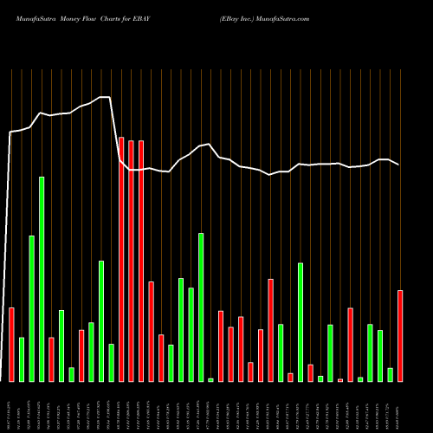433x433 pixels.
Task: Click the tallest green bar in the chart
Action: click(x=42, y=279)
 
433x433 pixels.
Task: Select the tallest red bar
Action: click(x=121, y=259)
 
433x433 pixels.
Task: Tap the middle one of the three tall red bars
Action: click(x=132, y=261)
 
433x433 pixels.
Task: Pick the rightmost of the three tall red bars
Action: click(x=141, y=261)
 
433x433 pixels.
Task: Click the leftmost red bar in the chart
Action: click(x=12, y=345)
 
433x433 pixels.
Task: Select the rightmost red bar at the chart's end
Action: click(x=400, y=336)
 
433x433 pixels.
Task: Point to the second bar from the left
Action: click(x=22, y=359)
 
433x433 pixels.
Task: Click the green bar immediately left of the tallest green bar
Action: click(x=32, y=308)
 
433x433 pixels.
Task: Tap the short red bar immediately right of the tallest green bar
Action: click(x=52, y=359)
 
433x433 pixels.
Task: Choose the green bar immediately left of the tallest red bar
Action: click(x=112, y=363)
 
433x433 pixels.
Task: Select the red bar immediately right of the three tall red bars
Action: click(x=152, y=332)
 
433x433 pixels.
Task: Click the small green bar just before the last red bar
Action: click(x=391, y=375)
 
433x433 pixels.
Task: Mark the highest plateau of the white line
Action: click(x=105, y=97)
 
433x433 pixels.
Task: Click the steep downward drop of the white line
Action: click(x=114, y=130)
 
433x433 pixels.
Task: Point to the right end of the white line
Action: click(x=399, y=165)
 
